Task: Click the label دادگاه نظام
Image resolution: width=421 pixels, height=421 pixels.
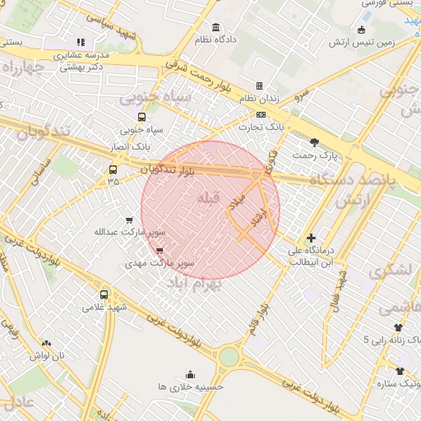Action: [x=215, y=39]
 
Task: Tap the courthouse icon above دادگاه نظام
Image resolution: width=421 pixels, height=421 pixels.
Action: [x=215, y=26]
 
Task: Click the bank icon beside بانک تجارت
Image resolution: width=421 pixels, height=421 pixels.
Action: [x=261, y=114]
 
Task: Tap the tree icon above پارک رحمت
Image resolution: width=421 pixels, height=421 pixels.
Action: [x=314, y=141]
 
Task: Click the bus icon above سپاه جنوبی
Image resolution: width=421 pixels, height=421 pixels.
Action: [x=142, y=117]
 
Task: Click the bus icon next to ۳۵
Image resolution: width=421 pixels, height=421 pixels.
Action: [x=113, y=170]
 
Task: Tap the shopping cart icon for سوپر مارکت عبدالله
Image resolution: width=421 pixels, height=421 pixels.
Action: [x=129, y=220]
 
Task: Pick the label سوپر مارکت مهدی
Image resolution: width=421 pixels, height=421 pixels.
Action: [x=159, y=264]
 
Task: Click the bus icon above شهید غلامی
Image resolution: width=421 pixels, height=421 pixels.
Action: [x=104, y=294]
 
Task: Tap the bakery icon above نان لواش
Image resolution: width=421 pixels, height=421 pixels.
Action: [x=46, y=343]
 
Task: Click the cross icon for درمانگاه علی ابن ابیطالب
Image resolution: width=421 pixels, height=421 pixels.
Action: [x=310, y=238]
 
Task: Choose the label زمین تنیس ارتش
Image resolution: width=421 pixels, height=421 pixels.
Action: [x=387, y=41]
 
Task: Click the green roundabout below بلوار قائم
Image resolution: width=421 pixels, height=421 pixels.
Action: [x=229, y=358]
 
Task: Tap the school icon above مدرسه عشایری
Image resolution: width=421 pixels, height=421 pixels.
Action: [x=80, y=42]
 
